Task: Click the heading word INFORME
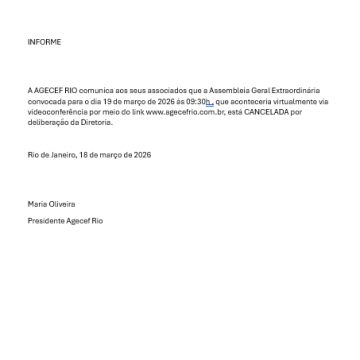44,42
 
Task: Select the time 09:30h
196,100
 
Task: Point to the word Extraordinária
296,92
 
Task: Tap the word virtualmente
286,100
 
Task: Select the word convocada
45,100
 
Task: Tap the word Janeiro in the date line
54,155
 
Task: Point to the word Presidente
46,220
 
